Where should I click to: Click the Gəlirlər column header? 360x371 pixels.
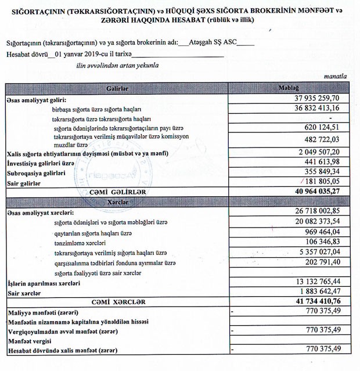pyautogui.click(x=117, y=88)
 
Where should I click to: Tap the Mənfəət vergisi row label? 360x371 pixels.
pyautogui.click(x=29, y=340)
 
